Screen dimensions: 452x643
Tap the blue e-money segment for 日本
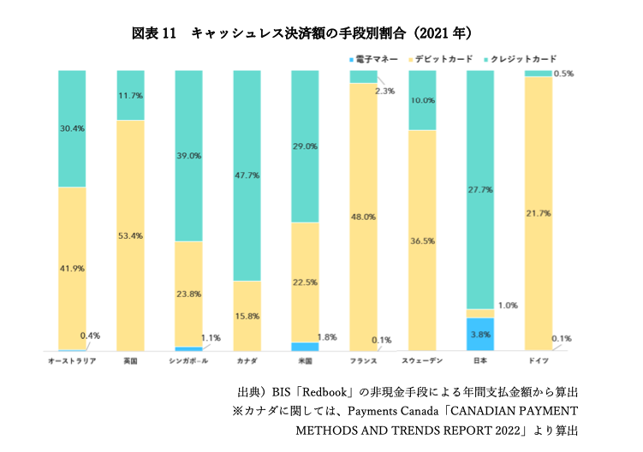click(x=479, y=335)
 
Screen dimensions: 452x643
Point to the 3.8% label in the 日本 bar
click(x=479, y=335)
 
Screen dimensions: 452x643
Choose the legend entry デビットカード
click(x=443, y=59)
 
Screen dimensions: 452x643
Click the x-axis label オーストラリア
click(x=72, y=361)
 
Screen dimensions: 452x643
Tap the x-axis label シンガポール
click(x=188, y=361)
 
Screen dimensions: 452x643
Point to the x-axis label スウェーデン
click(x=421, y=361)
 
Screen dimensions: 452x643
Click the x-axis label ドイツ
click(x=538, y=361)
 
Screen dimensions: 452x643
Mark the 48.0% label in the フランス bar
click(x=364, y=217)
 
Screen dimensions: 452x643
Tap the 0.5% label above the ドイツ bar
click(x=564, y=74)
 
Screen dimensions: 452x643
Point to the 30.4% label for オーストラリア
click(x=71, y=128)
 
